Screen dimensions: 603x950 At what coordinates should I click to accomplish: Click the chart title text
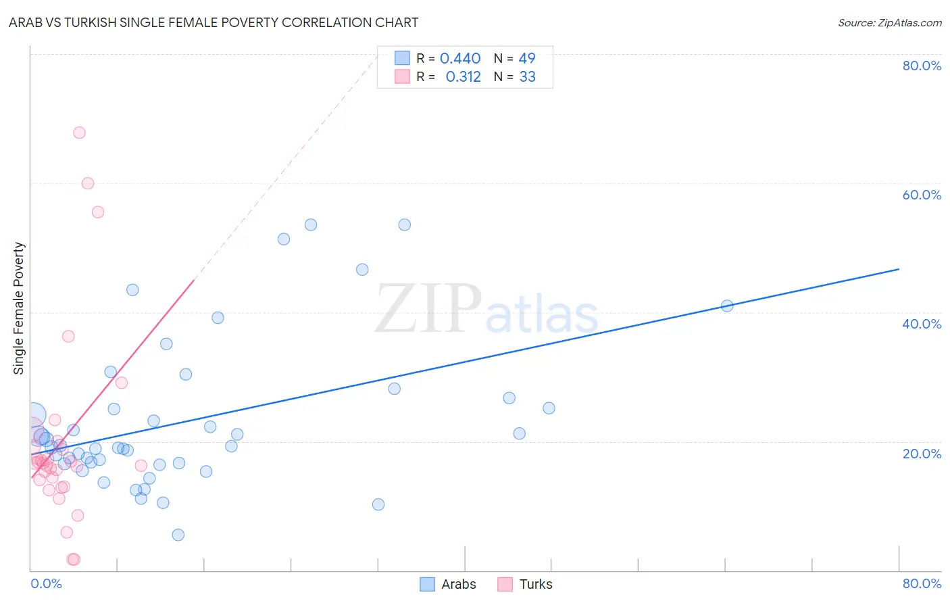pyautogui.click(x=214, y=23)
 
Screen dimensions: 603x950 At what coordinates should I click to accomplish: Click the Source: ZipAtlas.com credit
pyautogui.click(x=889, y=23)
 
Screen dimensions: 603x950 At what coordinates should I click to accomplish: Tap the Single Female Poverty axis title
pyautogui.click(x=19, y=308)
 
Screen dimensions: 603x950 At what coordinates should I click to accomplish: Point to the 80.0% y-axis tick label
pyautogui.click(x=922, y=66)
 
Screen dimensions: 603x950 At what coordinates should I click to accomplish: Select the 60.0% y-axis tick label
pyautogui.click(x=922, y=195)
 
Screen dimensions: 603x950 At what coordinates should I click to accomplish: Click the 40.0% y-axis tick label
pyautogui.click(x=922, y=324)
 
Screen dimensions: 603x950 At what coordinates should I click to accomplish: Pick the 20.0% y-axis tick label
pyautogui.click(x=922, y=454)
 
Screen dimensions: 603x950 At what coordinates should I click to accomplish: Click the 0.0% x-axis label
pyautogui.click(x=46, y=583)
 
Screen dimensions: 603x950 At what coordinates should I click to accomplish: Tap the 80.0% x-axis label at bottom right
pyautogui.click(x=922, y=583)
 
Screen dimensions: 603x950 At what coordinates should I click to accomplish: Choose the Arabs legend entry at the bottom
pyautogui.click(x=448, y=584)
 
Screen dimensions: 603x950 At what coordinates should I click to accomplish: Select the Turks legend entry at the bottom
pyautogui.click(x=525, y=584)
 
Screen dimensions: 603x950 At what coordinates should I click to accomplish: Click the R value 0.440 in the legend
pyautogui.click(x=460, y=59)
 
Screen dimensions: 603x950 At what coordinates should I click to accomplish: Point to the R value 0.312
pyautogui.click(x=463, y=77)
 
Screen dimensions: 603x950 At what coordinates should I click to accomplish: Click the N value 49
pyautogui.click(x=527, y=59)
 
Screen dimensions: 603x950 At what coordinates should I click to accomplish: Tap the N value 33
pyautogui.click(x=527, y=77)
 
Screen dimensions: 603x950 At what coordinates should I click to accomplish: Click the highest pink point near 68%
pyautogui.click(x=79, y=132)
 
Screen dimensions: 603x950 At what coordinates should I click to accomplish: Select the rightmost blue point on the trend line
pyautogui.click(x=727, y=306)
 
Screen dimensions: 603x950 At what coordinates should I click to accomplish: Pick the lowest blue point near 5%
pyautogui.click(x=178, y=535)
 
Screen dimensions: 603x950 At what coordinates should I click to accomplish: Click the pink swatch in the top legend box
pyautogui.click(x=402, y=76)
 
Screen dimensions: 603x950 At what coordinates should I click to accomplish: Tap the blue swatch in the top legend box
pyautogui.click(x=402, y=58)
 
